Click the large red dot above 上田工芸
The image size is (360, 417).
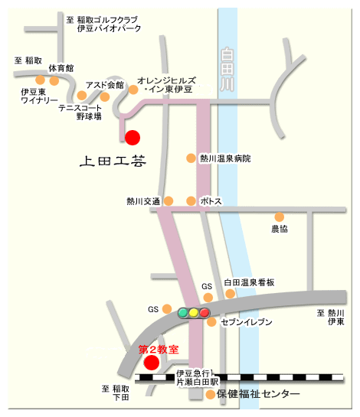(133, 138)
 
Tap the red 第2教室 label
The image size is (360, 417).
(158, 349)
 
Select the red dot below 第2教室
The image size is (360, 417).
(152, 362)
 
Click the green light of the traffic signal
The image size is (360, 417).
(183, 312)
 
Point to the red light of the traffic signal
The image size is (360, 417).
(205, 312)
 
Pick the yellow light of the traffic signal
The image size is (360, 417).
(194, 312)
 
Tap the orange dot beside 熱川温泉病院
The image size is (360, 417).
(191, 158)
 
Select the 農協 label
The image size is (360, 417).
(280, 229)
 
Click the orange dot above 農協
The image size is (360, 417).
(280, 217)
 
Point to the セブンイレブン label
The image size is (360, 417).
(246, 323)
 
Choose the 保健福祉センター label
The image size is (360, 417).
(257, 394)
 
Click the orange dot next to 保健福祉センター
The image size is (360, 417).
(211, 395)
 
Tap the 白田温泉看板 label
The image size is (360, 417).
(249, 282)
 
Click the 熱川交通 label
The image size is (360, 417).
(143, 201)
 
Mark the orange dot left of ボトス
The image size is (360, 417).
(191, 201)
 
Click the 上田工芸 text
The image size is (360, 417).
(112, 161)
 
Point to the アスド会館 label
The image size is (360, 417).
(104, 85)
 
